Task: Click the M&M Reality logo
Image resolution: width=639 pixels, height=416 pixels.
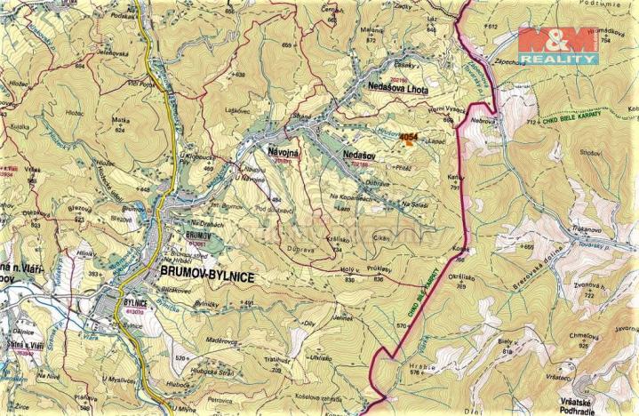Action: click(557, 45)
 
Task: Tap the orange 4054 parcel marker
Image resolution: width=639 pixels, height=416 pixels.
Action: click(408, 138)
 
